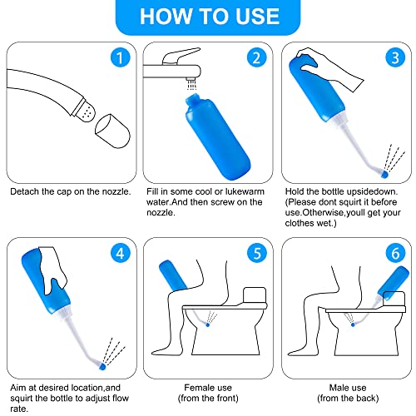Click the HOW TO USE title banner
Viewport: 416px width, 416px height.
(x=208, y=17)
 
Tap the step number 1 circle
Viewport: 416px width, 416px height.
(x=120, y=57)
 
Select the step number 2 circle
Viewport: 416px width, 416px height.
(x=256, y=57)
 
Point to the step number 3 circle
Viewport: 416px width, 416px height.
(x=395, y=57)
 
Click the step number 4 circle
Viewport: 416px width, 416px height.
(x=120, y=253)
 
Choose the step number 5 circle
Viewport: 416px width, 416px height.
(x=257, y=253)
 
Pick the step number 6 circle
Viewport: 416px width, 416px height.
(x=395, y=253)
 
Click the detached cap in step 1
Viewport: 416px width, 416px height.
(x=112, y=131)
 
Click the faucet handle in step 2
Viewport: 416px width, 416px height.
(x=181, y=56)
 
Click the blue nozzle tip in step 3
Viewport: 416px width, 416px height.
(x=384, y=175)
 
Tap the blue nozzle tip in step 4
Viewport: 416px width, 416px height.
(x=102, y=367)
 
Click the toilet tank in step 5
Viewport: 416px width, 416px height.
(x=255, y=295)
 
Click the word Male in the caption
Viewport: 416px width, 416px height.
(x=338, y=388)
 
